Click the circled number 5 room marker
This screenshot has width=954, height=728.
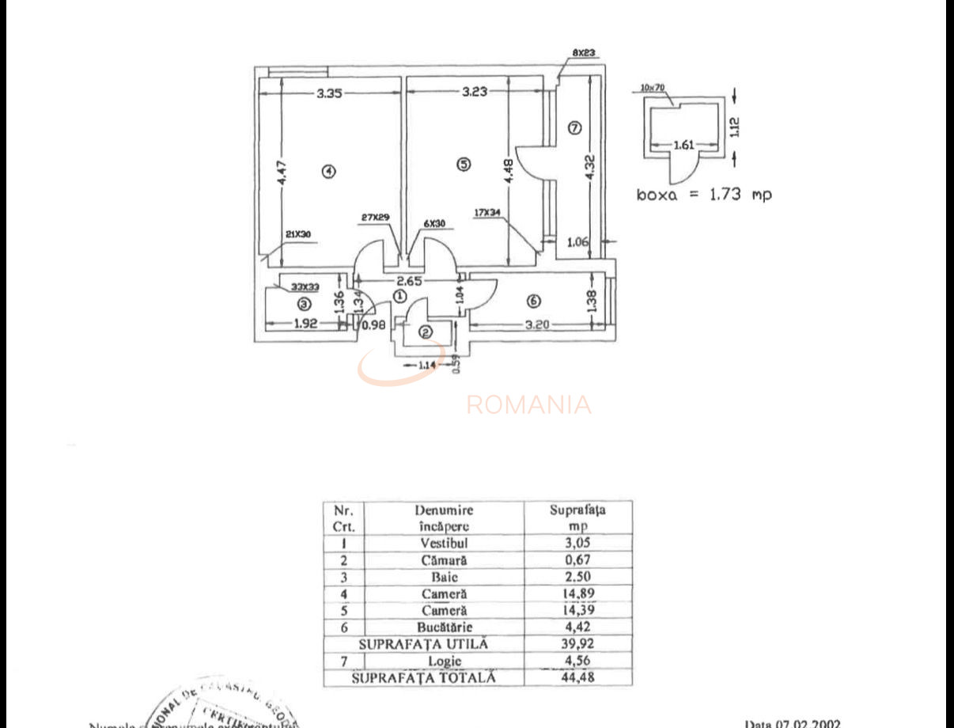point(464,164)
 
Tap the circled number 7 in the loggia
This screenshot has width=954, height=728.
point(574,127)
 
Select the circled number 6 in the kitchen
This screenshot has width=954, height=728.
point(533,301)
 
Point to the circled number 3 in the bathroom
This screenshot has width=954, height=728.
point(303,302)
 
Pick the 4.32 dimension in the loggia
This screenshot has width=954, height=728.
point(590,168)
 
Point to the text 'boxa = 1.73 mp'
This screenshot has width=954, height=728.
point(704,193)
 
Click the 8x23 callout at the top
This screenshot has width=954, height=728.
point(584,54)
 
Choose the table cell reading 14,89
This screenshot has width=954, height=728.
point(577,593)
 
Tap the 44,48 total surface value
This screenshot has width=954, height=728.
point(577,677)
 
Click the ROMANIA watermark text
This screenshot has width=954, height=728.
point(528,405)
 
